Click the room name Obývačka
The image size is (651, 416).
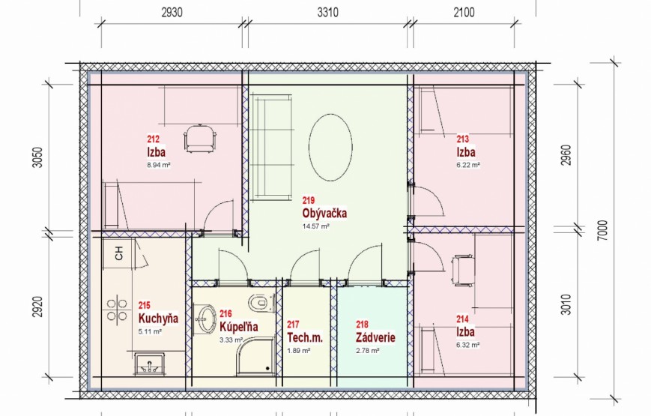click(x=324, y=213)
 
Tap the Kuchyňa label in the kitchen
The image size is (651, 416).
click(x=158, y=319)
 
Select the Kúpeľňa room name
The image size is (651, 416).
click(x=239, y=326)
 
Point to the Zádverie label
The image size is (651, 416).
click(x=375, y=337)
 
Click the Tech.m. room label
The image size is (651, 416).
click(x=305, y=337)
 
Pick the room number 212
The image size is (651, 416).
click(x=154, y=139)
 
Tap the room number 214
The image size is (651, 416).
click(x=462, y=319)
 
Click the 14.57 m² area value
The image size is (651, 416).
click(x=316, y=226)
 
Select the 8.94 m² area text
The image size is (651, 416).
click(x=159, y=165)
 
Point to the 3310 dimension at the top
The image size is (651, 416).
click(x=327, y=13)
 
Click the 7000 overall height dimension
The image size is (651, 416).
click(x=603, y=230)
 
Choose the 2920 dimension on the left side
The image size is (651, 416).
click(x=37, y=307)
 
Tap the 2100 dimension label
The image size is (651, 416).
click(x=464, y=13)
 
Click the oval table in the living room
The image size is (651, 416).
click(x=330, y=148)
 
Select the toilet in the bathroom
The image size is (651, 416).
click(x=261, y=302)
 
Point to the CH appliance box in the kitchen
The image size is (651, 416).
click(x=119, y=253)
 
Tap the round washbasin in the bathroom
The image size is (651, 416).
click(x=205, y=319)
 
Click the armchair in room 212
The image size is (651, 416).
click(x=200, y=139)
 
